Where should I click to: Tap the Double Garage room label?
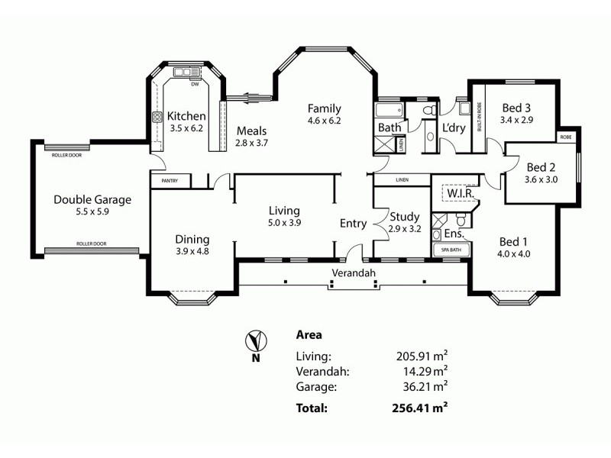pyautogui.click(x=92, y=200)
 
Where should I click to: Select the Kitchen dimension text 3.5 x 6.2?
pyautogui.click(x=186, y=128)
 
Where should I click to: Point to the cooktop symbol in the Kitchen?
pyautogui.click(x=158, y=118)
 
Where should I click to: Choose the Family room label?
pyautogui.click(x=324, y=108)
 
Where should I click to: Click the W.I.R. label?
pyautogui.click(x=461, y=195)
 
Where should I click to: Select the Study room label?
pyautogui.click(x=404, y=216)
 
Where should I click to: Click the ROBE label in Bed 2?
pyautogui.click(x=565, y=137)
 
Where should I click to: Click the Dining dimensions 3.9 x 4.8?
pyautogui.click(x=192, y=250)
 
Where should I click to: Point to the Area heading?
pyautogui.click(x=309, y=334)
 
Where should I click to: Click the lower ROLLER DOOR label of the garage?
pyautogui.click(x=91, y=244)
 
